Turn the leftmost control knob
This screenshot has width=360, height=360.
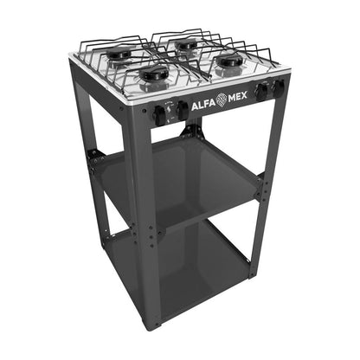159,113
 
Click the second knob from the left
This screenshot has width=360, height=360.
183,110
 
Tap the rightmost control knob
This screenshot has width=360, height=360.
278,86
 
